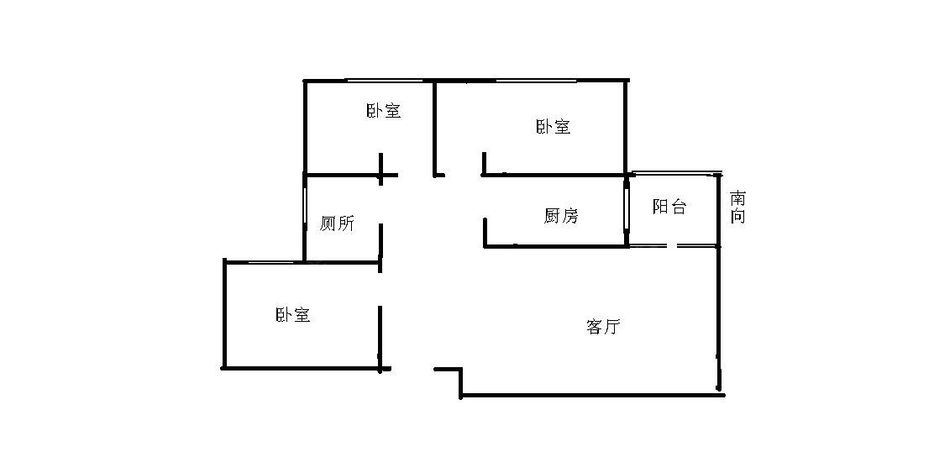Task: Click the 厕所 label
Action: point(337,223)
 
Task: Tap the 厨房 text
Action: point(561,216)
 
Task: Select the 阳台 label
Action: point(669,207)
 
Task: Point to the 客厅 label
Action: point(602,327)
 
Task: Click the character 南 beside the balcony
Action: point(737,199)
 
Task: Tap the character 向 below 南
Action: point(737,216)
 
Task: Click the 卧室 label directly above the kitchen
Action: point(553,127)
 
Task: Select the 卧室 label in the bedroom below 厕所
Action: point(292,315)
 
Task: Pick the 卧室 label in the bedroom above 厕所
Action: point(383,111)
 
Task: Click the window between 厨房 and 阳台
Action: point(627,209)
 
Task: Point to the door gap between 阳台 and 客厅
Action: point(672,245)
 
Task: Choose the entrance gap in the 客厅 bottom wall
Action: point(412,369)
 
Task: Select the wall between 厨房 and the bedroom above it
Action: point(554,175)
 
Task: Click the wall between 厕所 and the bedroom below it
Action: point(342,263)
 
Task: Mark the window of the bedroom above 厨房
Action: point(529,81)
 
